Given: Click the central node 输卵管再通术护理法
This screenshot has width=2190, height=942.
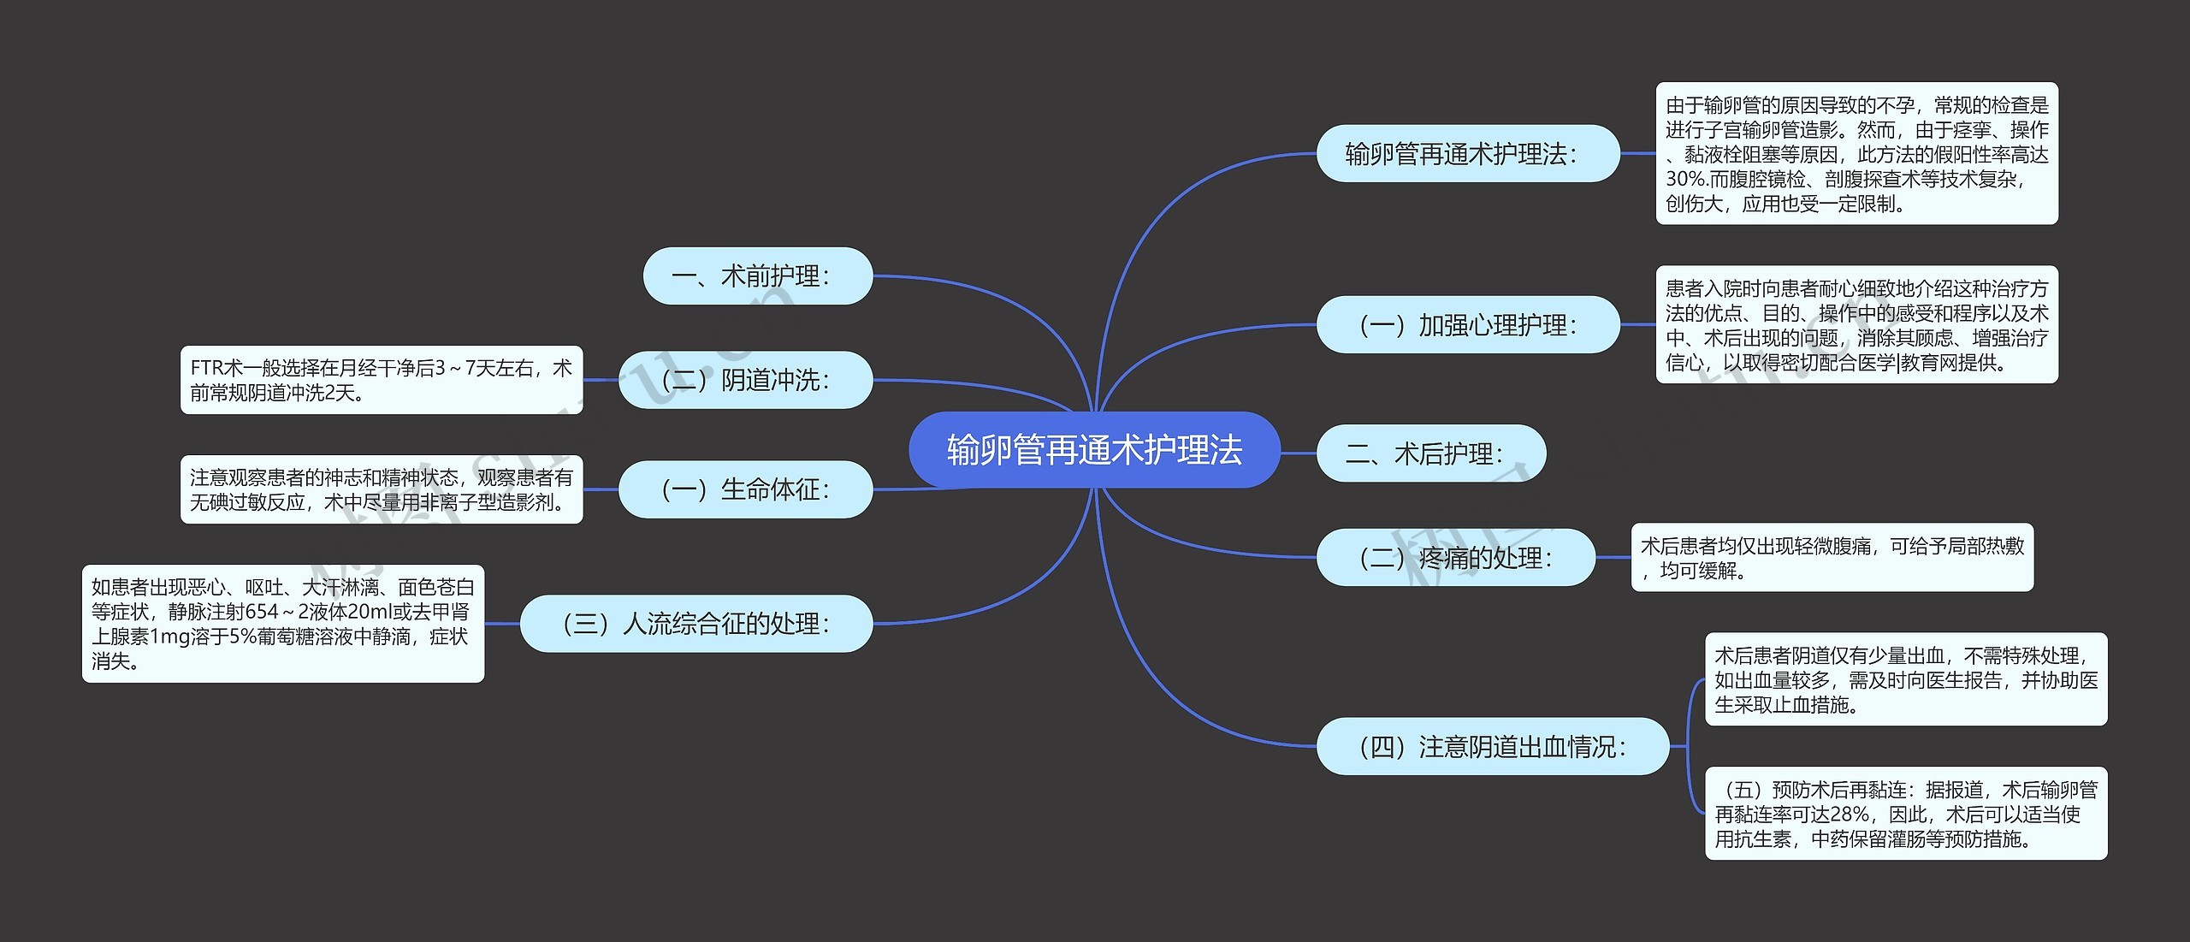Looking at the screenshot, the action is point(1094,450).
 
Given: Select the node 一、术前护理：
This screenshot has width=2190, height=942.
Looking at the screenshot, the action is point(757,276).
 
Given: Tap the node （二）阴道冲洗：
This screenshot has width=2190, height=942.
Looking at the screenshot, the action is point(745,380).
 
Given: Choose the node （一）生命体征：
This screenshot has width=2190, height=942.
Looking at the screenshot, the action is point(745,489).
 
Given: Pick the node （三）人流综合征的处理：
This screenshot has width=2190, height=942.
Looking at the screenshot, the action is point(696,624).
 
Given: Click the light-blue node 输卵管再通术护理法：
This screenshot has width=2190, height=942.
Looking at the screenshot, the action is point(1467,154).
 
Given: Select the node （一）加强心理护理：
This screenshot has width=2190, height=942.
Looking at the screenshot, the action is point(1467,325).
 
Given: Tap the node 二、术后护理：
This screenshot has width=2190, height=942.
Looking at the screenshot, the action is point(1430,453).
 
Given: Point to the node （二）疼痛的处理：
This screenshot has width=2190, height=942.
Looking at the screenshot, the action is point(1455,558).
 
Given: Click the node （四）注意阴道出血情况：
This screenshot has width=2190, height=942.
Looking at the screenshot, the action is point(1492,747).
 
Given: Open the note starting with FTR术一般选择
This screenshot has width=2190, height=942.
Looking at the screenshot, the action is point(382,380).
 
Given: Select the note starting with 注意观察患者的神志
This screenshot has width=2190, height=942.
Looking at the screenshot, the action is point(382,489).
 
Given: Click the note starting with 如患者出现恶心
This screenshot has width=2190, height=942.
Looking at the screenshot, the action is point(283,624).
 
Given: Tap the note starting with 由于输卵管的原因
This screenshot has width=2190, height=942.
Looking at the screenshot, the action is point(1856,154).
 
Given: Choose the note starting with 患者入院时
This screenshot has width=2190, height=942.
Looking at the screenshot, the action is point(1856,325).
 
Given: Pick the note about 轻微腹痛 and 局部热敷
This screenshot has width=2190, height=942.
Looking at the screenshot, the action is point(1832,558).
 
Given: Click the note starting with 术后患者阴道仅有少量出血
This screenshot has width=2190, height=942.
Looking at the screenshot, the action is point(1906,679).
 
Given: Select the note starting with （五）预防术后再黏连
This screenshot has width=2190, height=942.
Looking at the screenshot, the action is point(1906,814).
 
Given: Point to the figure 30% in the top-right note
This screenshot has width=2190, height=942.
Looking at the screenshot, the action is point(1682,180).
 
